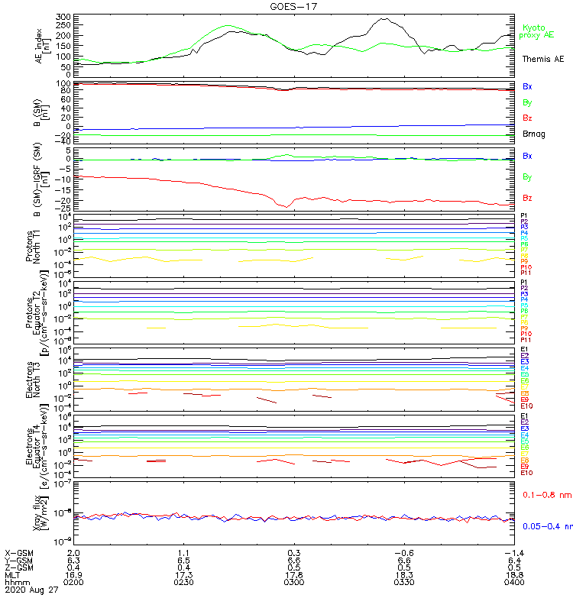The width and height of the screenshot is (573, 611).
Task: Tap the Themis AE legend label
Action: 542,59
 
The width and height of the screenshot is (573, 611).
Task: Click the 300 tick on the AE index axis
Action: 63,16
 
